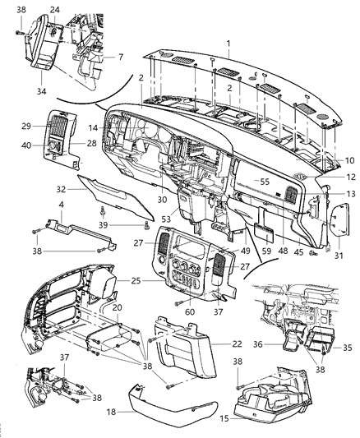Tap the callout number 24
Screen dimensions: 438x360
pyautogui.click(x=54, y=10)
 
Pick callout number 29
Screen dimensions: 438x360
pyautogui.click(x=48, y=126)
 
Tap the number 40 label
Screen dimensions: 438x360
pyautogui.click(x=48, y=146)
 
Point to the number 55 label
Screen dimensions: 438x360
pyautogui.click(x=265, y=181)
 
